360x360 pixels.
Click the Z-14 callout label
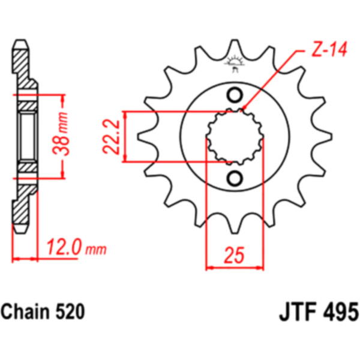pyautogui.click(x=329, y=49)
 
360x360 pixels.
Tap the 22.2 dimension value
pyautogui.click(x=111, y=137)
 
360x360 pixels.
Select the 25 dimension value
pyautogui.click(x=234, y=255)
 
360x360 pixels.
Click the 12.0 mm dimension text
pyautogui.click(x=76, y=247)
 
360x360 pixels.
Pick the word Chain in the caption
pyautogui.click(x=25, y=311)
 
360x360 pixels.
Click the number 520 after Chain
pyautogui.click(x=70, y=311)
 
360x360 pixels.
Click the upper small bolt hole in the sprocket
pyautogui.click(x=235, y=95)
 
